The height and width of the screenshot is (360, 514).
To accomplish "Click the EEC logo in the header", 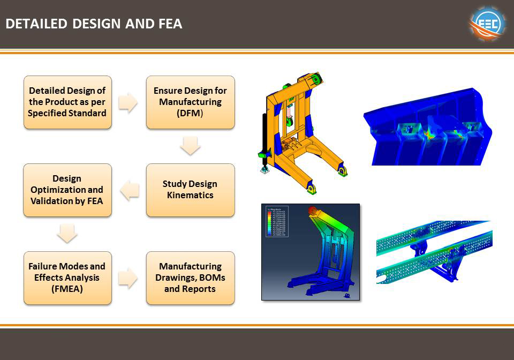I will pos(487,24).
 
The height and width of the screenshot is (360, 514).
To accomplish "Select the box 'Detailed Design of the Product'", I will pos(67,102).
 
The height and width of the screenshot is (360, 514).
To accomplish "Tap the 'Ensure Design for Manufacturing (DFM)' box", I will pos(190,102).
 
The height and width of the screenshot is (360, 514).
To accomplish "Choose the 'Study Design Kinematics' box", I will pos(190,190).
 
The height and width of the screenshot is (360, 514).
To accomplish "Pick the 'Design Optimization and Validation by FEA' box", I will pos(67,190).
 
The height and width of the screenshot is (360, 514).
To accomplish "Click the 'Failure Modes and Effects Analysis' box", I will pos(67,277).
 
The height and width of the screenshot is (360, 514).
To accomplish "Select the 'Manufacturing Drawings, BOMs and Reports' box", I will pos(190,277).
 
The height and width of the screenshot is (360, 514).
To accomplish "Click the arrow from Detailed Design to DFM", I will pos(128,102).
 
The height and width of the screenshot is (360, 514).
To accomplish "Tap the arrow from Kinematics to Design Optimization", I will pos(129,190).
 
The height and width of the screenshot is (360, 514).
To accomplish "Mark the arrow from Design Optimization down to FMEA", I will pos(67,234).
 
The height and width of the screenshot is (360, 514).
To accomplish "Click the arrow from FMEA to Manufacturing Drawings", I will pos(128,277).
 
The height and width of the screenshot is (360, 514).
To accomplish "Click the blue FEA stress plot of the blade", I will pos(427,127).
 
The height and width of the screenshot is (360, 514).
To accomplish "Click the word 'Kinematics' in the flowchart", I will pos(190,195).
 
